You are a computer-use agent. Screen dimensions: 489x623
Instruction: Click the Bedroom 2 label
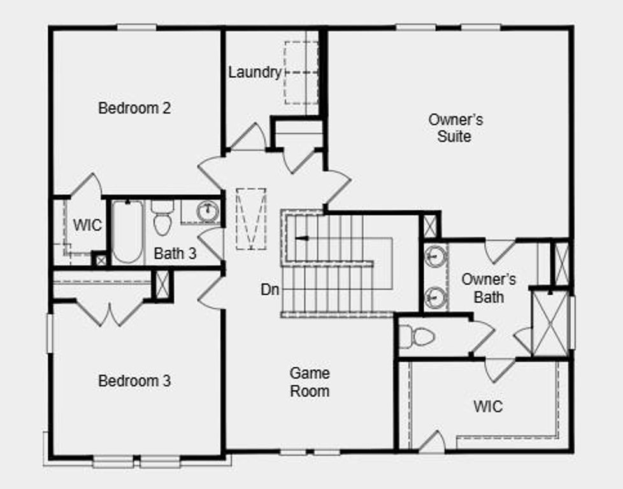[134, 108]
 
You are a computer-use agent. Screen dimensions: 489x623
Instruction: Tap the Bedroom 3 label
[134, 381]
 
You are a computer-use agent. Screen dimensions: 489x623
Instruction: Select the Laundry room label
[255, 73]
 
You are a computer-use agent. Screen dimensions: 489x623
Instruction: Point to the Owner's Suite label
[455, 128]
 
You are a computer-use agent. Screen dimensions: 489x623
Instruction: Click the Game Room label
[310, 382]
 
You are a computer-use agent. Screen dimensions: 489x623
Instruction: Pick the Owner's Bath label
[489, 288]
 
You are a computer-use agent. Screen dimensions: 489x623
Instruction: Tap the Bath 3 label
[175, 253]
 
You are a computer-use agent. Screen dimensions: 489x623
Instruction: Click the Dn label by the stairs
[269, 289]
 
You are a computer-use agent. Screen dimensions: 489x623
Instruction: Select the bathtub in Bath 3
[127, 232]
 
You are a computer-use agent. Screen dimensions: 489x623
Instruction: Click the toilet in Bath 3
[162, 218]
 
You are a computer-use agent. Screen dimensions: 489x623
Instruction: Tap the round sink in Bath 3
[207, 211]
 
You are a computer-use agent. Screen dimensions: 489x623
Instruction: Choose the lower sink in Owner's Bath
[436, 297]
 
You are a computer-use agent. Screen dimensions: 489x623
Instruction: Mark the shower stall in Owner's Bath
[549, 323]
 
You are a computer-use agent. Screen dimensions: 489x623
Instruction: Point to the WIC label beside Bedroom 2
[87, 225]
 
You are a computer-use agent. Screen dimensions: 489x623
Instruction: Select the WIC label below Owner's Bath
[488, 406]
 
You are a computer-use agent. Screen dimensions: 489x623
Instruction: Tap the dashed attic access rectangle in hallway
[251, 218]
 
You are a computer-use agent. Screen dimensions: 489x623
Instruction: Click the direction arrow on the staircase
[301, 239]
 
